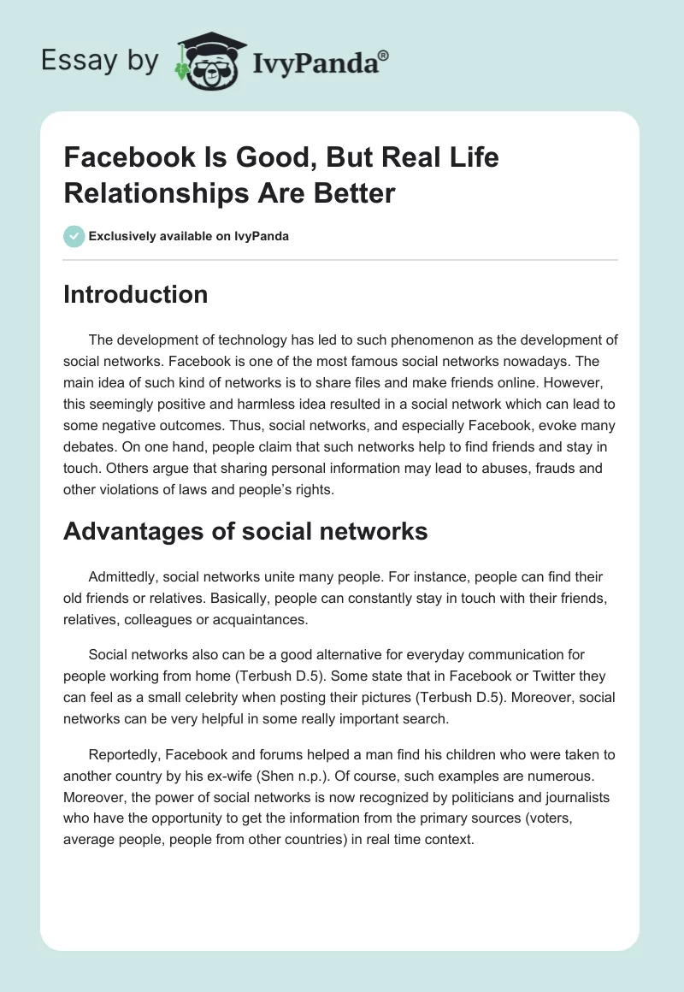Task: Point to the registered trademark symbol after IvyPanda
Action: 383,55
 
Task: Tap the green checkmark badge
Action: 74,236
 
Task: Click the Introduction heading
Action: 136,295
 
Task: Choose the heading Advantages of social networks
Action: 245,531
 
